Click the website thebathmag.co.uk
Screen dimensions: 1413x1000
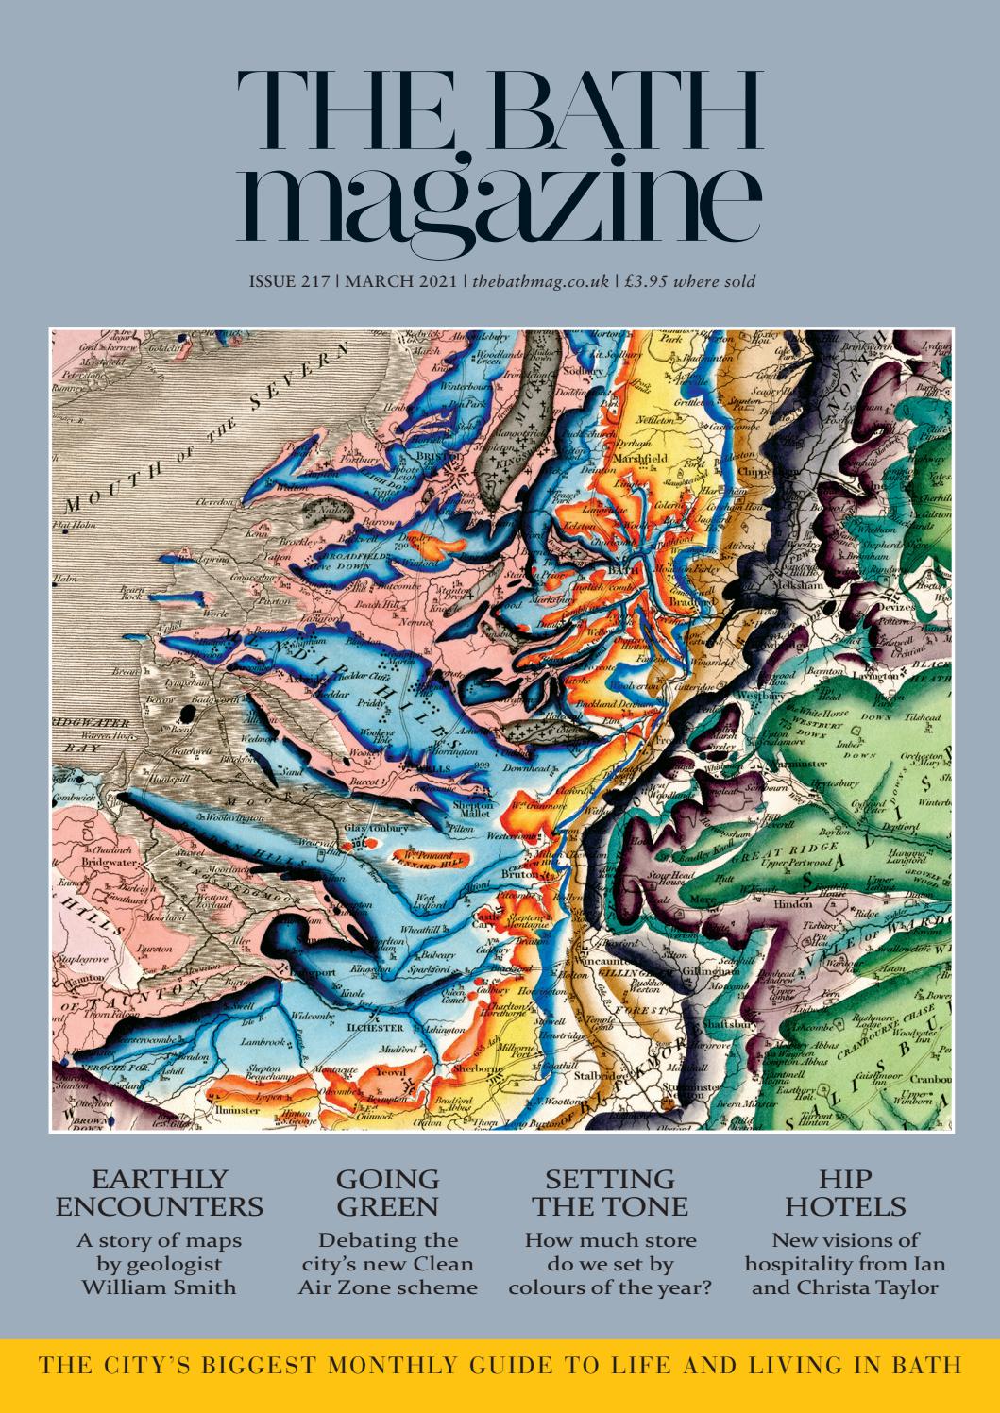point(540,281)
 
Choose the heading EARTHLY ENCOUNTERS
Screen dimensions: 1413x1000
point(161,1192)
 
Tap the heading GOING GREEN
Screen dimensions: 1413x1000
point(388,1192)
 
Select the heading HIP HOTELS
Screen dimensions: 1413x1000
point(845,1192)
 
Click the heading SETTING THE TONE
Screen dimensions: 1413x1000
point(610,1192)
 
